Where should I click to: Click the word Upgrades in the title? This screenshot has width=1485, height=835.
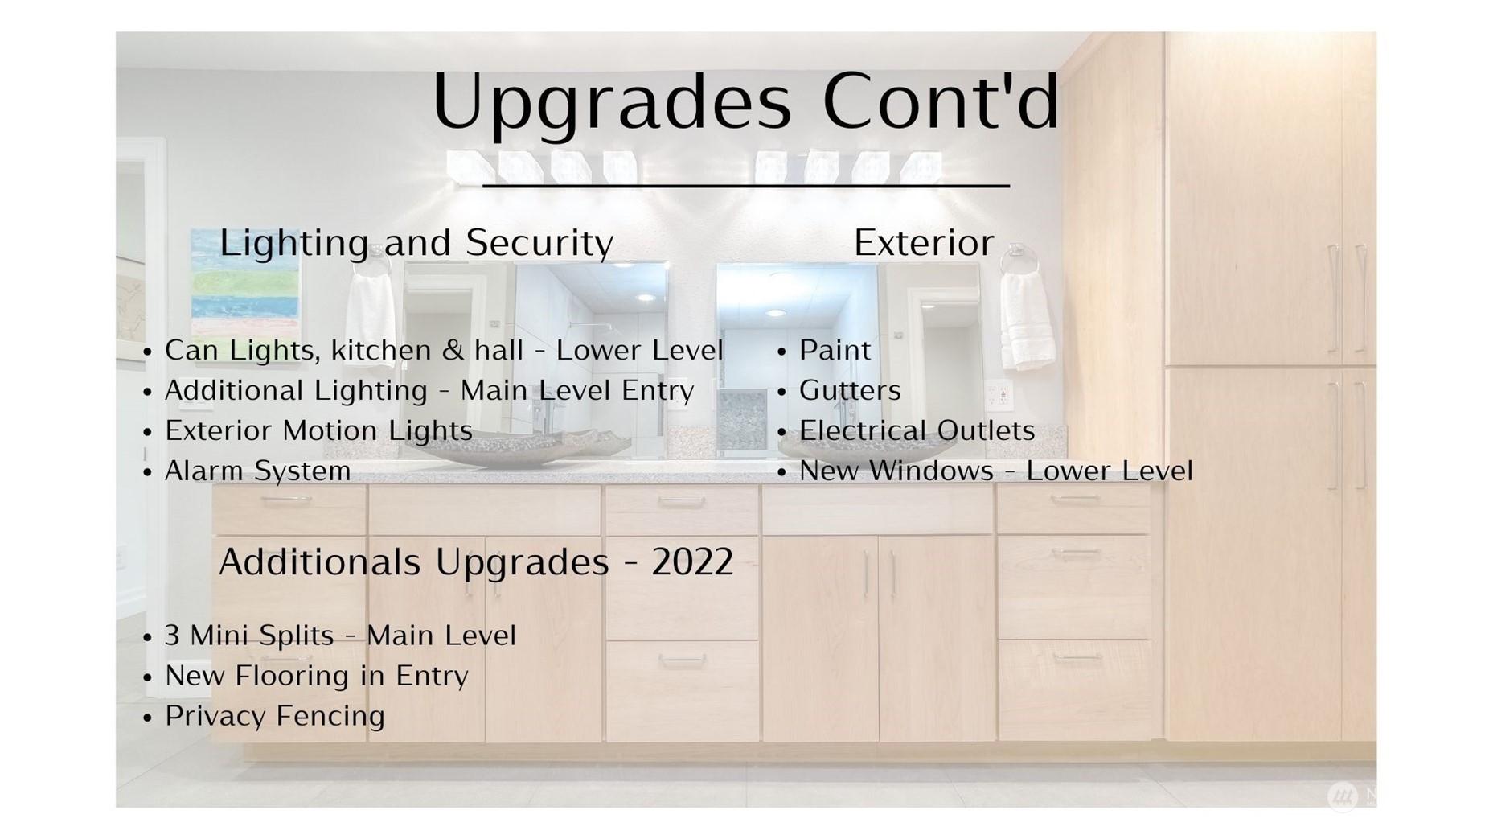(612, 103)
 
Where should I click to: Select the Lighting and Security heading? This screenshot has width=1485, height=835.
(416, 243)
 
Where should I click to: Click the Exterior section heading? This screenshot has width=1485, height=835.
(924, 243)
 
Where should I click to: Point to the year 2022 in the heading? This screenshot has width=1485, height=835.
(692, 561)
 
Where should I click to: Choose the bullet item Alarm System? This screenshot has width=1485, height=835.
(257, 471)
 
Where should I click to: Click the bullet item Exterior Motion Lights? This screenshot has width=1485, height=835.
(318, 431)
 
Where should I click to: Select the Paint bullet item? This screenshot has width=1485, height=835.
(835, 351)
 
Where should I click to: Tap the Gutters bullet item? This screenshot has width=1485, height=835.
(850, 391)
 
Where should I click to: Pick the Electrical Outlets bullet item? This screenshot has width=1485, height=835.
(917, 431)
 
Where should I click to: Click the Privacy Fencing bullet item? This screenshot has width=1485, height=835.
(275, 716)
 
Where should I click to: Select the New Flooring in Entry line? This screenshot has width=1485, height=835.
(317, 676)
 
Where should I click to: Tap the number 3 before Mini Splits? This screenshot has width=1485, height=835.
(172, 636)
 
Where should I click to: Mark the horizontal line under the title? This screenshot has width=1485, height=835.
(746, 186)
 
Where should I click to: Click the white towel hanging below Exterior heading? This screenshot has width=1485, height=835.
(1028, 319)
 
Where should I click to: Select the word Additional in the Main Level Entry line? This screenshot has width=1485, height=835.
(228, 391)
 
